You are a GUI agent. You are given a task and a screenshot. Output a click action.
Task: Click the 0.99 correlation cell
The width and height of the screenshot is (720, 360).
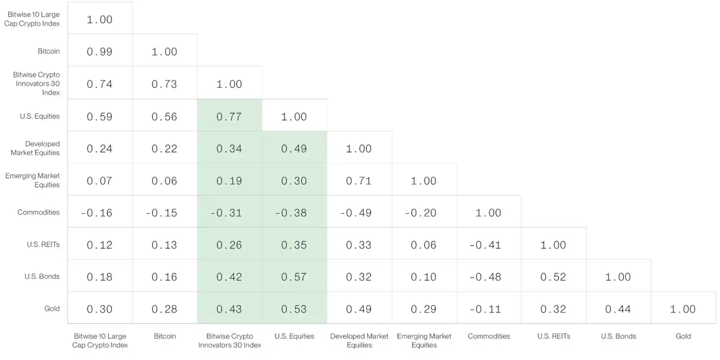[x=99, y=51]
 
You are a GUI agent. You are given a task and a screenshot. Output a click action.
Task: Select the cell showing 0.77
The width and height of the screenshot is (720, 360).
[x=229, y=117]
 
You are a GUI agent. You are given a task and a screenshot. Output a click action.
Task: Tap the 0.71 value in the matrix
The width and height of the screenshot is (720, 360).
[x=359, y=180]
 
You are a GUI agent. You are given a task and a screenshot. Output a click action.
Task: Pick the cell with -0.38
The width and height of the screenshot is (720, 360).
[x=294, y=213]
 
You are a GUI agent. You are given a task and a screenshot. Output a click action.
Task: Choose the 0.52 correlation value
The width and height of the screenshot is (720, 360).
[x=553, y=277]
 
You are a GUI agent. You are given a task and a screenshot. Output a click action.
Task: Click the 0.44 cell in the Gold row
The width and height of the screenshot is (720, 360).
[x=618, y=309]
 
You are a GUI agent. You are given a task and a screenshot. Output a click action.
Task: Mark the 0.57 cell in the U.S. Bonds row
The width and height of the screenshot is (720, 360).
[x=294, y=277]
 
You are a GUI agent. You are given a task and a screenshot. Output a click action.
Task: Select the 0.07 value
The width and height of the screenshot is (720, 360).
[x=99, y=180]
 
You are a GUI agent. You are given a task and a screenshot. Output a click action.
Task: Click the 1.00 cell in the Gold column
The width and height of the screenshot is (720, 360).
[x=683, y=309]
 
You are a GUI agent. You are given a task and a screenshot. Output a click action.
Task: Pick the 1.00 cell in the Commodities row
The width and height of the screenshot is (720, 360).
[x=489, y=213]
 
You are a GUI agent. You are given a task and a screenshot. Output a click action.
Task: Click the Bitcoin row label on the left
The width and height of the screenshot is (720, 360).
[x=49, y=51]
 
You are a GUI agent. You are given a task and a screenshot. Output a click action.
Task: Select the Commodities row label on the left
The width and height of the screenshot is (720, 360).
[x=38, y=212]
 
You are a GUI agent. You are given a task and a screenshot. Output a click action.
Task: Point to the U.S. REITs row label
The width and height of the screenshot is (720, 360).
[x=43, y=244]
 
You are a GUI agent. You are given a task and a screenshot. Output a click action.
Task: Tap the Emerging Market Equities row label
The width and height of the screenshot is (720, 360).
[x=32, y=180]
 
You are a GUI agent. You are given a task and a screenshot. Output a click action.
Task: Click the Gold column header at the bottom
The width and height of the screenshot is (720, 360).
[x=683, y=336]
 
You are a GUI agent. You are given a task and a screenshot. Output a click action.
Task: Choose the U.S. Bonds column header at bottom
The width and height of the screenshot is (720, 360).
[x=618, y=336]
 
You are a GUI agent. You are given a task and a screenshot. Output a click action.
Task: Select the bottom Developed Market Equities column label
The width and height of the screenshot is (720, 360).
[x=360, y=340]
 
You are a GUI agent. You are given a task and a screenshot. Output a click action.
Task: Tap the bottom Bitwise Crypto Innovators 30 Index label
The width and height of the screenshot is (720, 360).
[x=229, y=340]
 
